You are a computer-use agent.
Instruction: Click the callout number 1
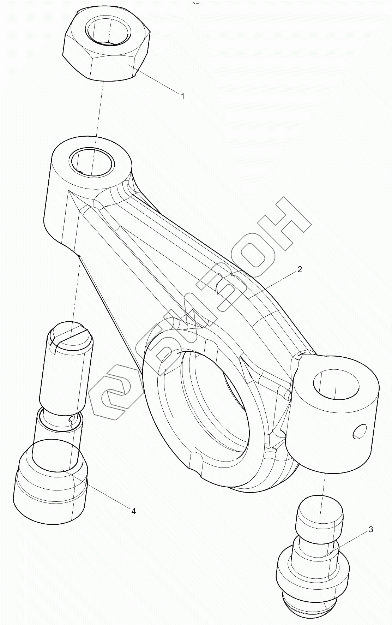coord(182,96)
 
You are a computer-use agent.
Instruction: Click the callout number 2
coord(299,269)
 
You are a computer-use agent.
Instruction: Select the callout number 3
coord(370,529)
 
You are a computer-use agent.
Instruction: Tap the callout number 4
coord(133,511)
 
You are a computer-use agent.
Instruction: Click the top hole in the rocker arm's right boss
coord(335,385)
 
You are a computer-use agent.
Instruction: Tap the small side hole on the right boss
coord(359,431)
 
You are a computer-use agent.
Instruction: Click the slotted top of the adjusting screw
coord(71,334)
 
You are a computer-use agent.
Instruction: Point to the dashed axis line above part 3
coord(322,491)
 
